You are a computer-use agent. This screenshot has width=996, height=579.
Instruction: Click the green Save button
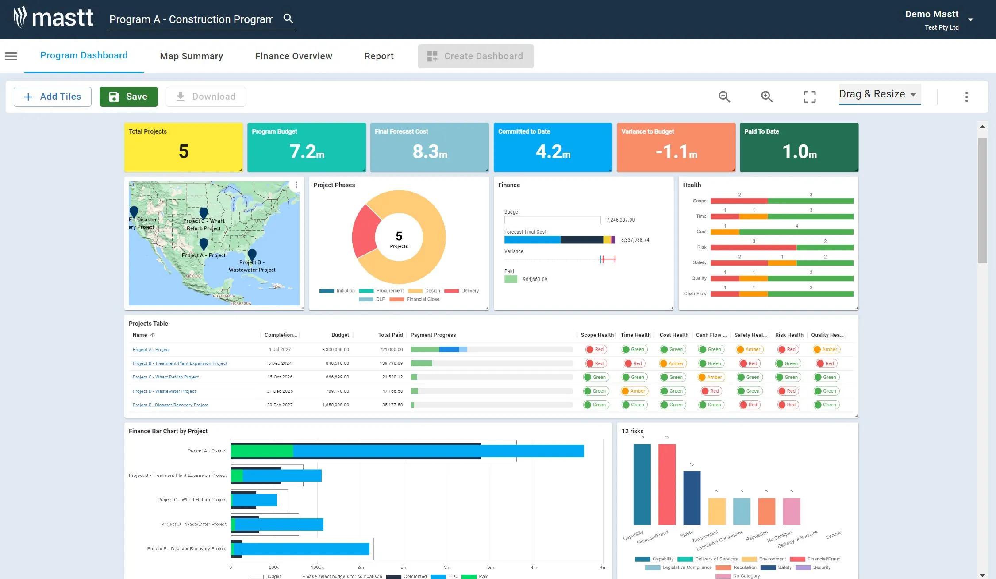click(128, 96)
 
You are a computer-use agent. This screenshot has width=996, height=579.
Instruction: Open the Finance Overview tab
click(293, 56)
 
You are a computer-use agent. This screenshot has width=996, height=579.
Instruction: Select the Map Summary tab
click(191, 56)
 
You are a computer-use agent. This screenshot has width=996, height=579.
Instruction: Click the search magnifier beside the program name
click(288, 19)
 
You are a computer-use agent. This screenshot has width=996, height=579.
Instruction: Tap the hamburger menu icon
click(11, 56)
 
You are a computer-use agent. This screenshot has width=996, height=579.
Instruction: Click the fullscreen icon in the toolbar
click(809, 96)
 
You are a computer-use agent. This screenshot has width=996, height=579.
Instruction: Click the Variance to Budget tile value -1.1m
click(676, 152)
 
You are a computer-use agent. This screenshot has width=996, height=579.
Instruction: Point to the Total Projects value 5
click(184, 152)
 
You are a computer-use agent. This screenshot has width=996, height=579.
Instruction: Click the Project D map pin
click(252, 254)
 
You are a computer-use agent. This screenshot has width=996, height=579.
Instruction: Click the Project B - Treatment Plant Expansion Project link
click(180, 363)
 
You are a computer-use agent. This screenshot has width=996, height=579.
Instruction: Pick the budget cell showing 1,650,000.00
click(335, 405)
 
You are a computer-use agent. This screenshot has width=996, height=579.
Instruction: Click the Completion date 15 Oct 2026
click(280, 377)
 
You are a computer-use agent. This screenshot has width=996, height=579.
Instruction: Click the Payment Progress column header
click(433, 335)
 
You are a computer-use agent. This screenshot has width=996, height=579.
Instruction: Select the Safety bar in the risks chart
click(692, 498)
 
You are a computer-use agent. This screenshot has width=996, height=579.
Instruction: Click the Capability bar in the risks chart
click(642, 484)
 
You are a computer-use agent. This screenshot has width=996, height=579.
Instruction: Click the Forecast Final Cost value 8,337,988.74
click(635, 240)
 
